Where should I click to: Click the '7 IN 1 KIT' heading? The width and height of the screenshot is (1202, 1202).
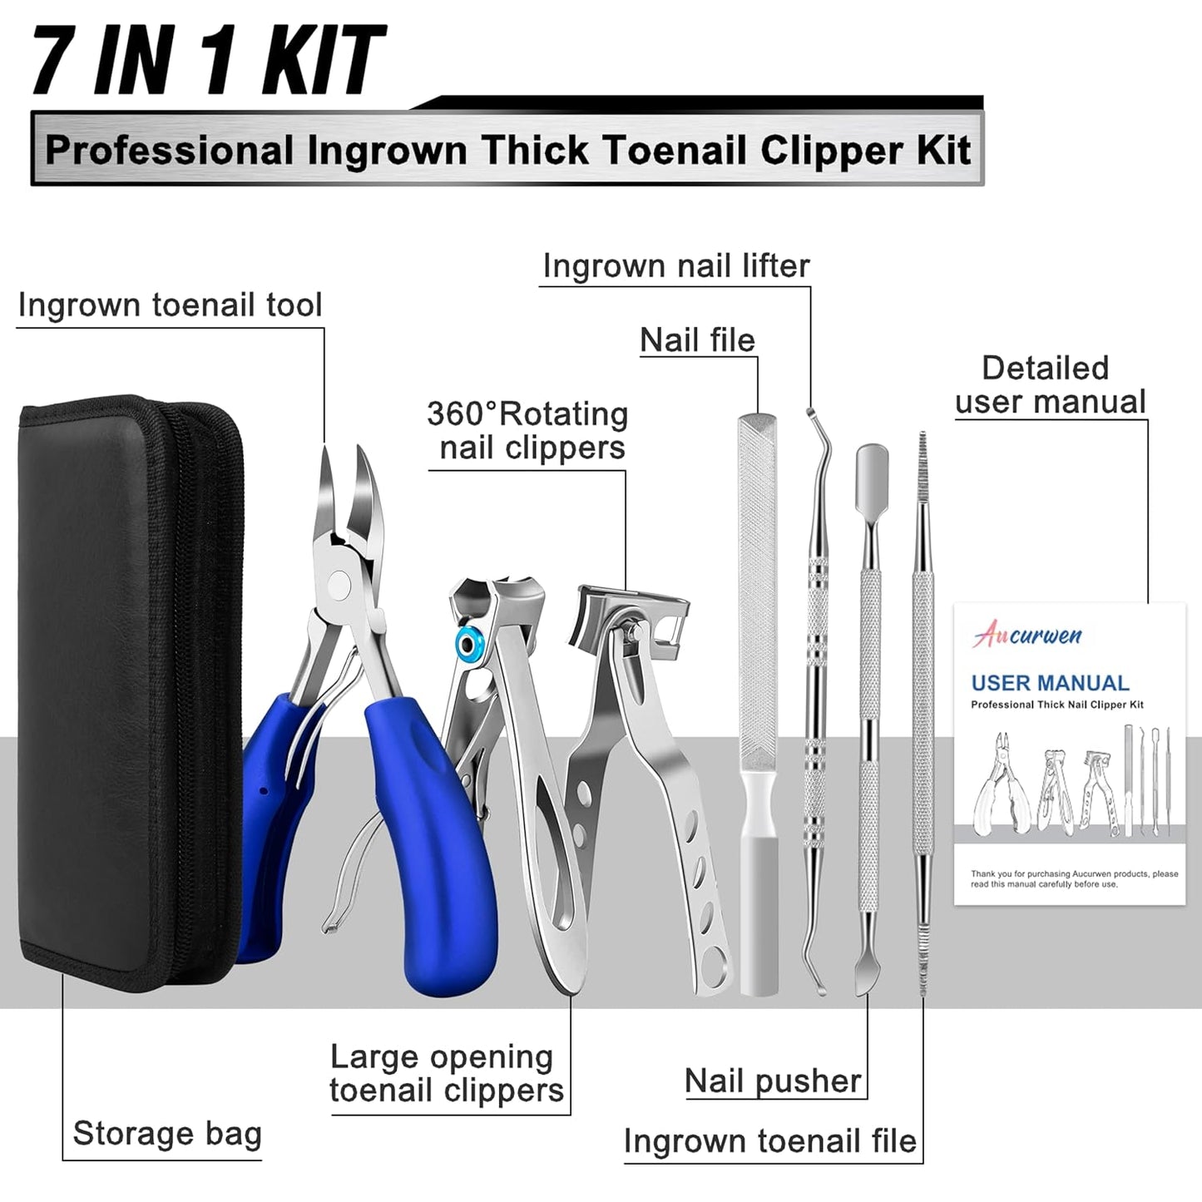(208, 60)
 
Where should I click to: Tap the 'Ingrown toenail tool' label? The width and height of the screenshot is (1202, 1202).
(170, 305)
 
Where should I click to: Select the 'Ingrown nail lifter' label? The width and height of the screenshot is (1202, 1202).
(675, 266)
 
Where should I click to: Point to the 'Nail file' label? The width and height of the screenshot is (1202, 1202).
(697, 340)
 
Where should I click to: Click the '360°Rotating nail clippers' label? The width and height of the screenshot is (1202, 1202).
(527, 431)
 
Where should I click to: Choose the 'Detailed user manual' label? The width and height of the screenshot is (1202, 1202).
(1050, 385)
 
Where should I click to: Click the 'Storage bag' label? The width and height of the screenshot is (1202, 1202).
(166, 1134)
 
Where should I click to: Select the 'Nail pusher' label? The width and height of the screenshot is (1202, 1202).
(773, 1081)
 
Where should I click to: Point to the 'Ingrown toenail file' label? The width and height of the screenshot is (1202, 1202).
(769, 1141)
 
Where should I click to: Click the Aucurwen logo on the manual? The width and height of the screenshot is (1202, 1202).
(1027, 636)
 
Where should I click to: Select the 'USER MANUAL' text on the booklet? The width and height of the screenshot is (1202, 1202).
(1050, 683)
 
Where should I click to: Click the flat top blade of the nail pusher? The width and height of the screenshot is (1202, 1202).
(871, 466)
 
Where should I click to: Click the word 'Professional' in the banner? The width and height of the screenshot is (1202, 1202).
(170, 151)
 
